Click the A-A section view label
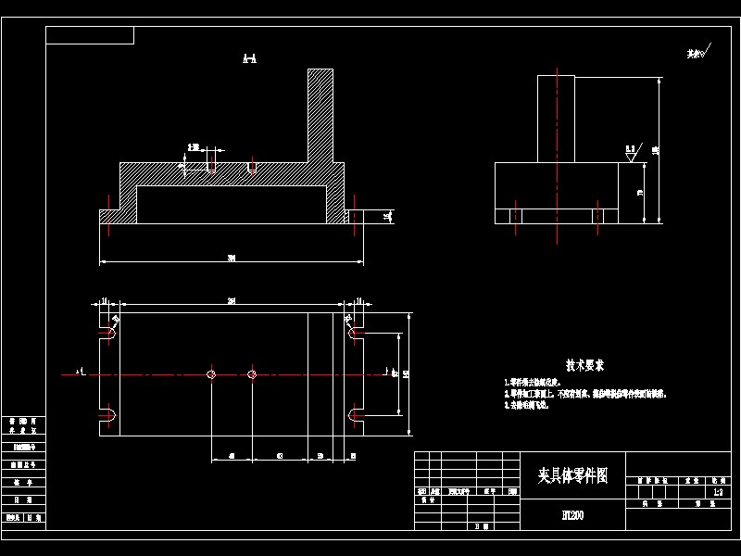pyautogui.click(x=249, y=59)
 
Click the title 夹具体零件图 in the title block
pyautogui.click(x=573, y=474)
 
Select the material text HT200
pyautogui.click(x=573, y=514)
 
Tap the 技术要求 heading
pyautogui.click(x=585, y=366)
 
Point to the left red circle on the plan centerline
pyautogui.click(x=211, y=374)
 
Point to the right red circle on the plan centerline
pyautogui.click(x=252, y=374)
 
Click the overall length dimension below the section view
pyautogui.click(x=231, y=259)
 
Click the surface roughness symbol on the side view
pyautogui.click(x=632, y=152)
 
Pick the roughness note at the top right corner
pyautogui.click(x=697, y=53)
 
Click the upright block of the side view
pyautogui.click(x=556, y=119)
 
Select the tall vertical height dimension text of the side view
pyautogui.click(x=655, y=150)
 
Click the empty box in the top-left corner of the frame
pyautogui.click(x=90, y=35)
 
